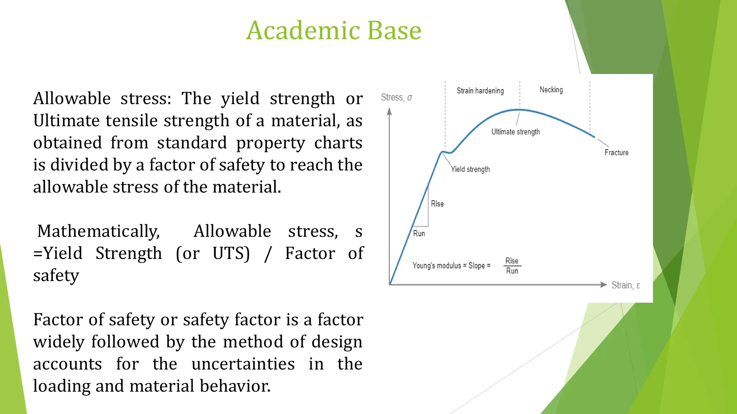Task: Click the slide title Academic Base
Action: coord(334,30)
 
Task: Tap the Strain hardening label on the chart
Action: coord(480,91)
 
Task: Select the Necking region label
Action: coord(551,90)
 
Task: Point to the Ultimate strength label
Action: coord(515,132)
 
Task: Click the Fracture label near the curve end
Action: coord(616,153)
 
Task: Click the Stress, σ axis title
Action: coord(396,97)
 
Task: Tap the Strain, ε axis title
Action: coord(625,285)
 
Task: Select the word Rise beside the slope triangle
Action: coord(437,204)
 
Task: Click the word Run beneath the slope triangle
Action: coord(419,234)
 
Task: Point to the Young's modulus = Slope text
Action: coord(451,266)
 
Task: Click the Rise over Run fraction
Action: coord(512,266)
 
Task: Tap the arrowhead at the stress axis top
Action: coord(389,111)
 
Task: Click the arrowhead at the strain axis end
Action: coord(603,285)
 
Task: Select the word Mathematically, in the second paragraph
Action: coord(99,231)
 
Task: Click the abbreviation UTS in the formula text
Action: coord(231,253)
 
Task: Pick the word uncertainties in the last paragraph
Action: coord(243,364)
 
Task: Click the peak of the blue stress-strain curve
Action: coord(519,109)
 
